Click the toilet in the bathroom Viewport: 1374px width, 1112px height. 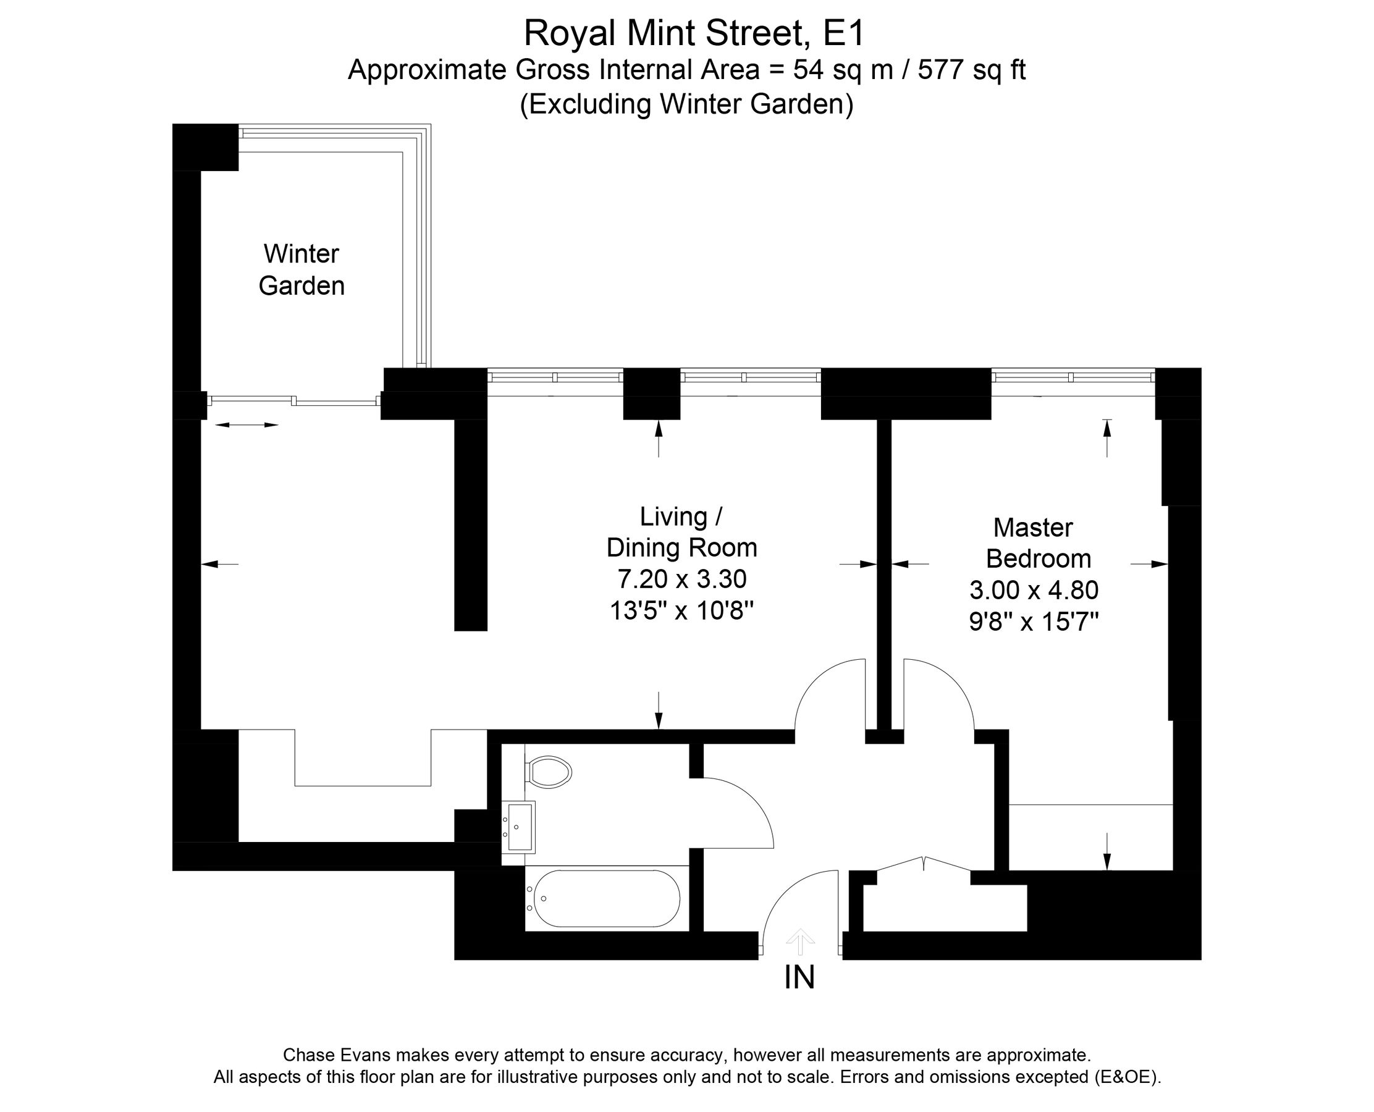(550, 772)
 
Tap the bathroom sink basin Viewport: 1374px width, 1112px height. (520, 827)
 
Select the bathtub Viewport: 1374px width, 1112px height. (606, 898)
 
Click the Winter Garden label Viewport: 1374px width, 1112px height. (301, 270)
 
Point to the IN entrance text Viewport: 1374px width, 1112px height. (799, 977)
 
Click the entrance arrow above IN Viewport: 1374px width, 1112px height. (799, 941)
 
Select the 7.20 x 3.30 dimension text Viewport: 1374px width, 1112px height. (681, 579)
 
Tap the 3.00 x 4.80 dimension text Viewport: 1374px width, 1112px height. (1034, 590)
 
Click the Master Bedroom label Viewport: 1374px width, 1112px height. (1037, 543)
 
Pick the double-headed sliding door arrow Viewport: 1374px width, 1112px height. (247, 424)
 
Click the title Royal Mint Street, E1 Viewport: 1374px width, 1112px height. (694, 33)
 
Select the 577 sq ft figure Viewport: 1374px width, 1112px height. (971, 70)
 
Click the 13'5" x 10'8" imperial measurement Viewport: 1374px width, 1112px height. (681, 610)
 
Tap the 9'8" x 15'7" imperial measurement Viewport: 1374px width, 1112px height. (1034, 621)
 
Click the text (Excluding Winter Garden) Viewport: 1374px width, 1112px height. (686, 104)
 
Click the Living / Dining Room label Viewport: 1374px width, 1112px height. (681, 533)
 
